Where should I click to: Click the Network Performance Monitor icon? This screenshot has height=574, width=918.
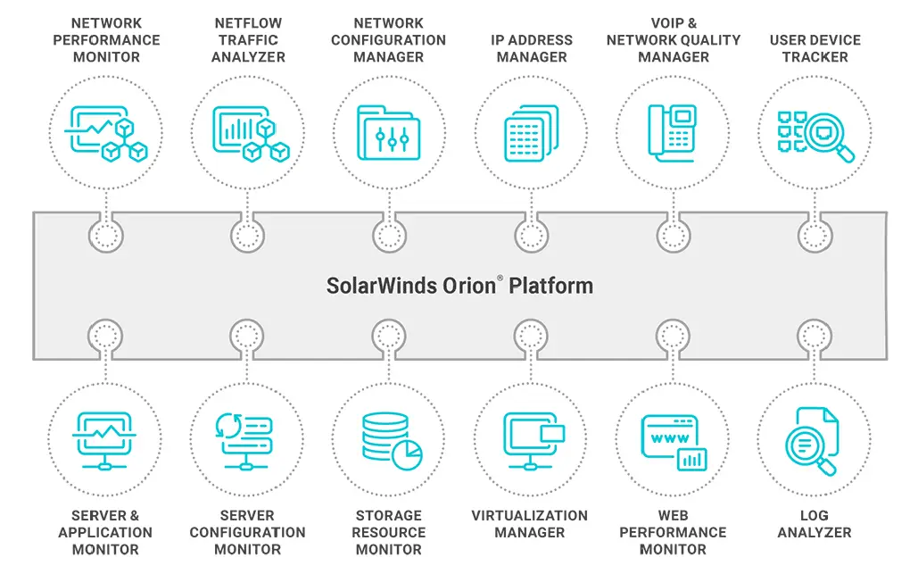[x=106, y=133]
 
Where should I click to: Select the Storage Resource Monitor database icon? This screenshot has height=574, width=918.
[x=388, y=438]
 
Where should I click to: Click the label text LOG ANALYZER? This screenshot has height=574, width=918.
[x=814, y=524]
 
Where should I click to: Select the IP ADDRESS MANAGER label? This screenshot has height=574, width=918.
[x=531, y=48]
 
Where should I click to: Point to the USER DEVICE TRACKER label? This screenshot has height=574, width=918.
[x=815, y=48]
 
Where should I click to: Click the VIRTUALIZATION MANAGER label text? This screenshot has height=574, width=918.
[x=530, y=524]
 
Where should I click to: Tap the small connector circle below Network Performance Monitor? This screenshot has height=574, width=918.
[x=106, y=237]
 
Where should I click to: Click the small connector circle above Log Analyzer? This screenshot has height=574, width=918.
[x=815, y=337]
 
